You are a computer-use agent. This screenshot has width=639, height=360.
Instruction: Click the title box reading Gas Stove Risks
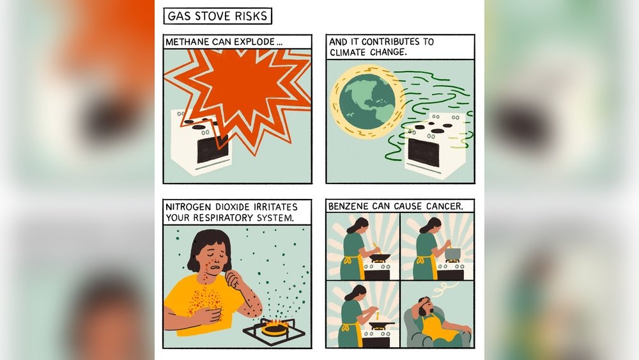(x=218, y=16)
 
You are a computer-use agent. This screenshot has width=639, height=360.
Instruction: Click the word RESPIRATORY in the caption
(x=223, y=217)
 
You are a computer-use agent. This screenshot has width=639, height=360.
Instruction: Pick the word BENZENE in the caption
(x=348, y=207)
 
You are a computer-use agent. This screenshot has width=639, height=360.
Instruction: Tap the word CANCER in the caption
(x=445, y=207)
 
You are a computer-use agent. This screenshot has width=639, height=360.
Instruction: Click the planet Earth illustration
(x=367, y=102)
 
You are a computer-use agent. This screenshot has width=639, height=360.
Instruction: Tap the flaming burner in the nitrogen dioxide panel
(x=275, y=327)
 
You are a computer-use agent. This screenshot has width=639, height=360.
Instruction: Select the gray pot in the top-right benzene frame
(x=452, y=254)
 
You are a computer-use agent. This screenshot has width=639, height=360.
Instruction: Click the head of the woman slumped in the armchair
(x=425, y=305)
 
